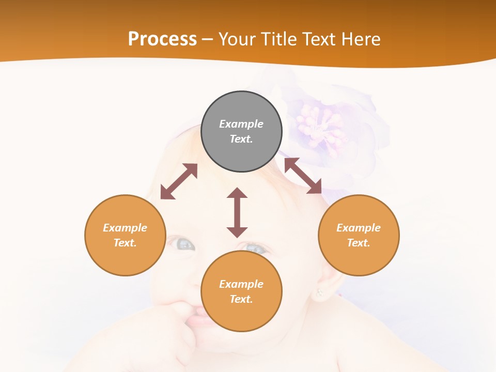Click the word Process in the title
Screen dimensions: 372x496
tap(162, 39)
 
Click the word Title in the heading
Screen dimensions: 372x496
tap(278, 39)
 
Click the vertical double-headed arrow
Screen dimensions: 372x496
tap(237, 212)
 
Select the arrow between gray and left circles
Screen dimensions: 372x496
tap(179, 181)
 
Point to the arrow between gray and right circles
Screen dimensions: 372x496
tap(303, 176)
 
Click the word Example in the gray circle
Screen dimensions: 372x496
tap(241, 124)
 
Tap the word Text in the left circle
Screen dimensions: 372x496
tap(124, 243)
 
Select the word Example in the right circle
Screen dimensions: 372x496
tap(359, 228)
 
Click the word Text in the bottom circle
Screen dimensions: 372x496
tap(240, 299)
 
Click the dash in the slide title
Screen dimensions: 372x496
tap(208, 39)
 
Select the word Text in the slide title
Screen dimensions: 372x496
tap(317, 39)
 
